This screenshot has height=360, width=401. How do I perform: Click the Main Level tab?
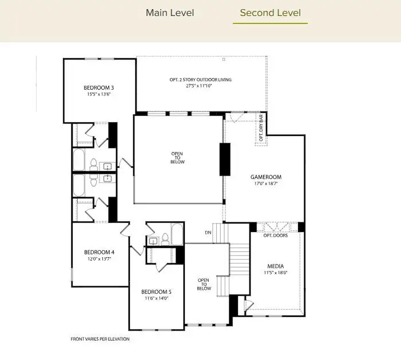coord(170,13)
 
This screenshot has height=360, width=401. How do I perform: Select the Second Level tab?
coord(270,13)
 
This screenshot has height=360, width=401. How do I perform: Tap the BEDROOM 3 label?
coord(98,87)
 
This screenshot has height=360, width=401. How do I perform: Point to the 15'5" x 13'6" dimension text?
coord(98,94)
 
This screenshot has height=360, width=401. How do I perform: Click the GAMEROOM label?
coord(266,177)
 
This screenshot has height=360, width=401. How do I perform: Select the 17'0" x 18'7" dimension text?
coord(266,184)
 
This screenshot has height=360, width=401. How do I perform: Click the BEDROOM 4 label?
coord(99,252)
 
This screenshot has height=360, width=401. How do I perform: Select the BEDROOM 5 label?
coord(156,291)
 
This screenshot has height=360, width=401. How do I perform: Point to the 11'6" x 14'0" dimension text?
coord(156,298)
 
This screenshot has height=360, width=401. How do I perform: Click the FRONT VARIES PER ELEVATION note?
coord(100,339)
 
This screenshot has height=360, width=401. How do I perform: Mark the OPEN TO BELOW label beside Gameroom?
coord(178,158)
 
